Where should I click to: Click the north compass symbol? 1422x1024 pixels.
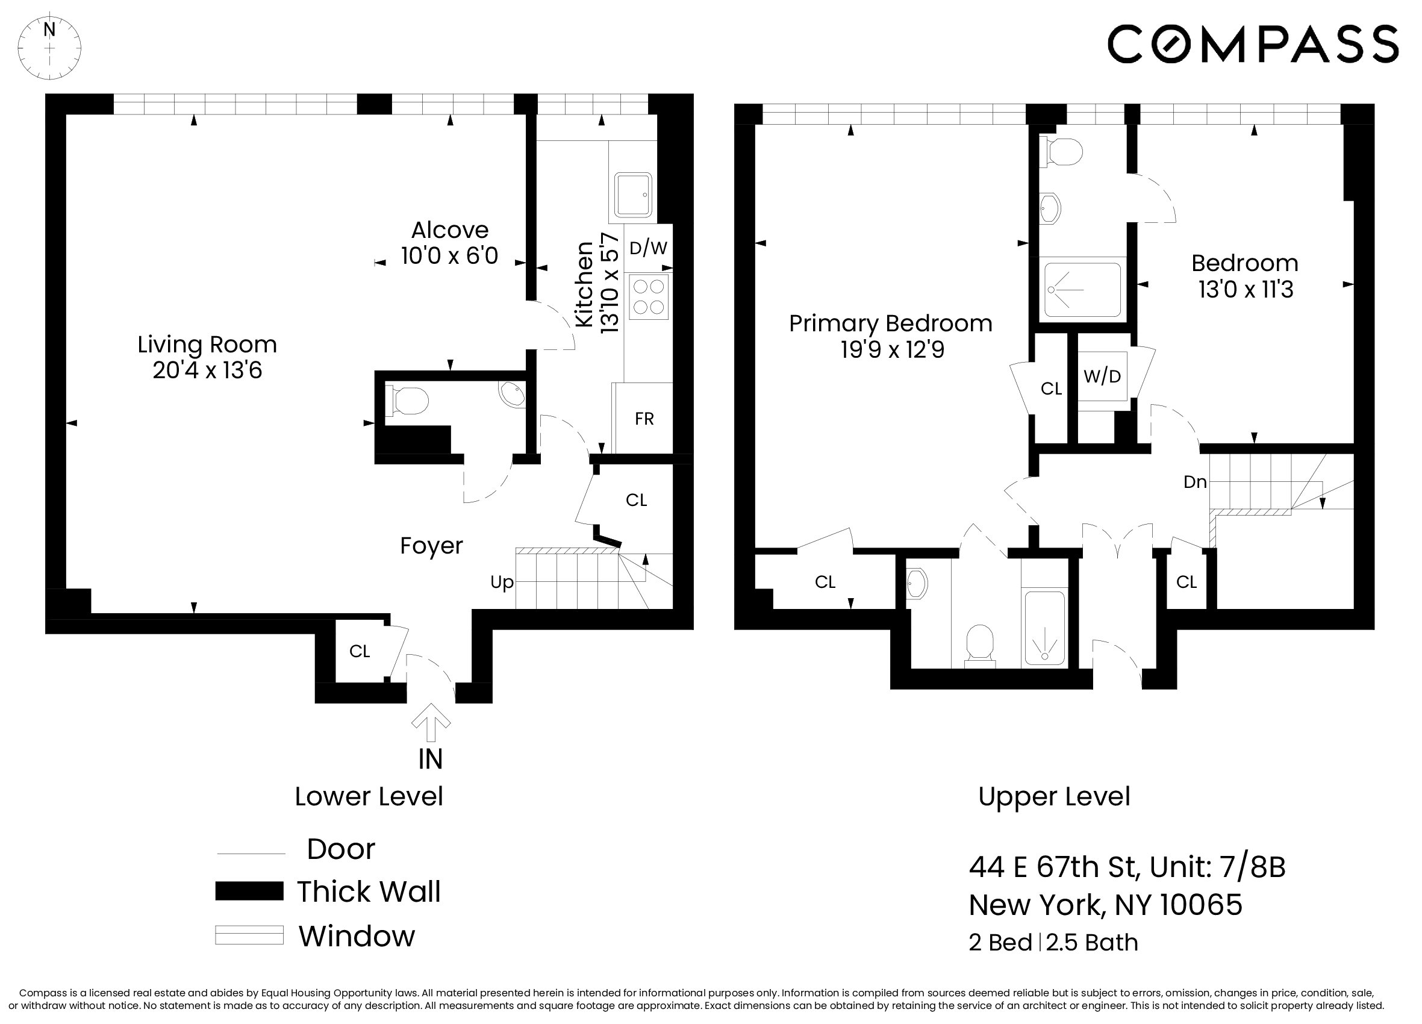click(49, 48)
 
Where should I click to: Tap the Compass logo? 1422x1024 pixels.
click(1252, 44)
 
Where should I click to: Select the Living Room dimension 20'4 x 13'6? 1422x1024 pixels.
click(207, 370)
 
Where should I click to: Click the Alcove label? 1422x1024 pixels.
click(449, 230)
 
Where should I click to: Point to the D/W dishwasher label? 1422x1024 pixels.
click(647, 248)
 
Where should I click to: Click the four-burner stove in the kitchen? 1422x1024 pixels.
click(648, 296)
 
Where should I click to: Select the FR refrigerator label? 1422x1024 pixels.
click(644, 419)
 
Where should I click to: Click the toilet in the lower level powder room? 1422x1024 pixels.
click(410, 401)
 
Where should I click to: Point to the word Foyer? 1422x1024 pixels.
click(431, 546)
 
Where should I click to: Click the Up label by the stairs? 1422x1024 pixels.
click(502, 582)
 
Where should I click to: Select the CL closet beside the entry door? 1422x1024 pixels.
click(359, 652)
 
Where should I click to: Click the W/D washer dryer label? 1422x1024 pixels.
click(1102, 376)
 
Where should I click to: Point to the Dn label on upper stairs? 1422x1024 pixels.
click(1194, 482)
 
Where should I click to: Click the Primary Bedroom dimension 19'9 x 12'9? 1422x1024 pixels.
click(891, 350)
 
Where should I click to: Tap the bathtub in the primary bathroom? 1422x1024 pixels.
click(1044, 628)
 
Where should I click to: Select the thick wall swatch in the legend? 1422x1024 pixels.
click(249, 891)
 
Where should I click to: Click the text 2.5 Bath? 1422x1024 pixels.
click(1091, 943)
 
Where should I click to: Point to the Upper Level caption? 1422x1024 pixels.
click(1053, 796)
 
